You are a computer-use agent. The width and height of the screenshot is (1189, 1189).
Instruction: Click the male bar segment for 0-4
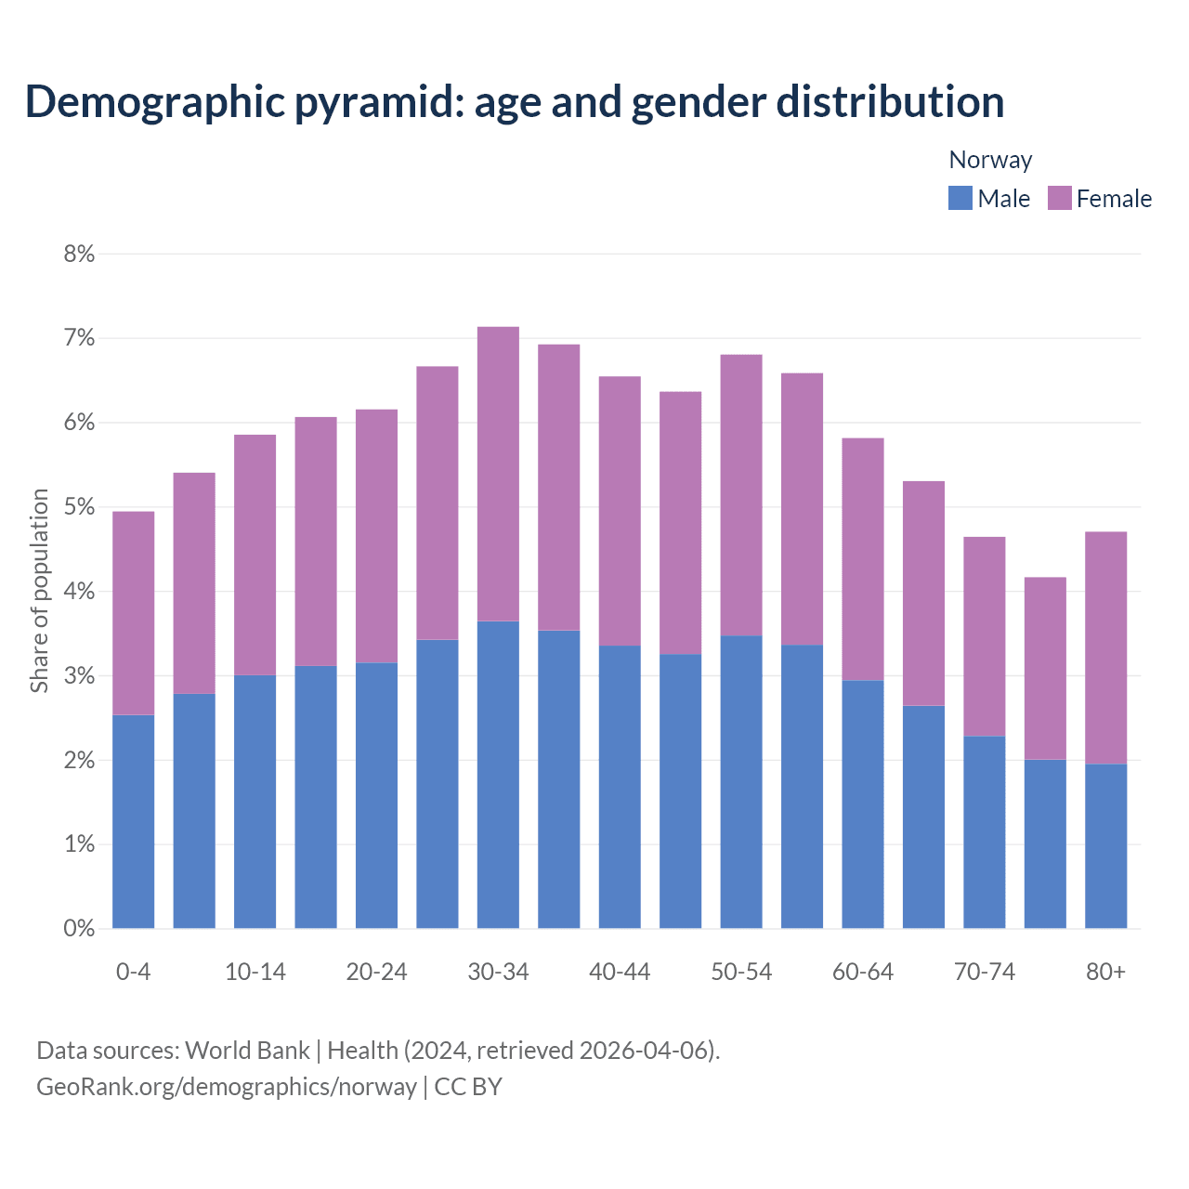point(133,821)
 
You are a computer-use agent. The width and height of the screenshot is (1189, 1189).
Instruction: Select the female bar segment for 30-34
point(498,474)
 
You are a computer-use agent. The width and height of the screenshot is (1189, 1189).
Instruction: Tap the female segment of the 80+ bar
point(1105,647)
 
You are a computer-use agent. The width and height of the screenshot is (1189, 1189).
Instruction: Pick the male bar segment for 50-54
point(741,781)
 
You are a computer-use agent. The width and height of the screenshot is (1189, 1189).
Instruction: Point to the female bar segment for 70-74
point(984,636)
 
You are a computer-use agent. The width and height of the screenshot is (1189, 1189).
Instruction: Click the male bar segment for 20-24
point(376,795)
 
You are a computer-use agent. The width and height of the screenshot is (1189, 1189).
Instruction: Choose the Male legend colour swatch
point(960,198)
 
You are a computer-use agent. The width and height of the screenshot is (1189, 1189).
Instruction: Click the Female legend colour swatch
point(1059,198)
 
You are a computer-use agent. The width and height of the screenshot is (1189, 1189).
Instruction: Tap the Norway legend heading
point(990,160)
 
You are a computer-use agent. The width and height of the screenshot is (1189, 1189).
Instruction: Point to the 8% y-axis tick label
point(79,254)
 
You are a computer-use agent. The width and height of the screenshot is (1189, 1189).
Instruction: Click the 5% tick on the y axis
point(79,507)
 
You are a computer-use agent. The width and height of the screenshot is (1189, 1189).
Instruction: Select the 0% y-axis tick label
point(79,928)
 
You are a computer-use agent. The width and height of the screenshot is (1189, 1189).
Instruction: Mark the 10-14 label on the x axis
point(255,972)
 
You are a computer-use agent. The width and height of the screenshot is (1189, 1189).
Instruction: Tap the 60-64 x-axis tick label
point(862,972)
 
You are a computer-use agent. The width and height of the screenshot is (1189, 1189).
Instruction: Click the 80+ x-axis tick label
point(1105,972)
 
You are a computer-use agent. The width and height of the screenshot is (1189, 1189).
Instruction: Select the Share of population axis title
point(39,591)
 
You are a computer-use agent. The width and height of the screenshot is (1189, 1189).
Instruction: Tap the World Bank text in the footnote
point(247,1051)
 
